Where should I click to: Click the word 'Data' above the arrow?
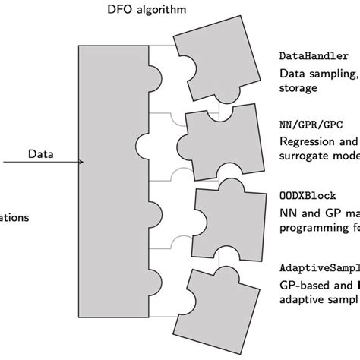click(x=41, y=153)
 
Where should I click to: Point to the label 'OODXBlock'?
click(x=305, y=196)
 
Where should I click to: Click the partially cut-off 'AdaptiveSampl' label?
click(x=319, y=268)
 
